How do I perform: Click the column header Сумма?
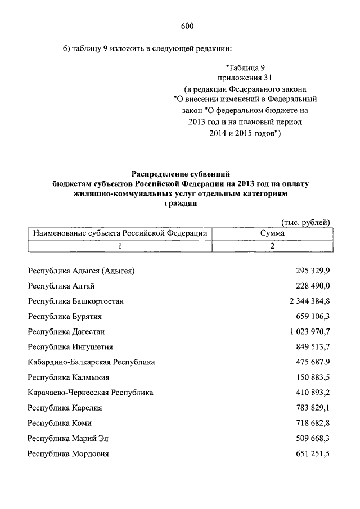272,233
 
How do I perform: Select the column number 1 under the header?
120,246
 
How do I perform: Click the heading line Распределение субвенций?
181,174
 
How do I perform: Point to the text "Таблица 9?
245,67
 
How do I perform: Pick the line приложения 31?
245,78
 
